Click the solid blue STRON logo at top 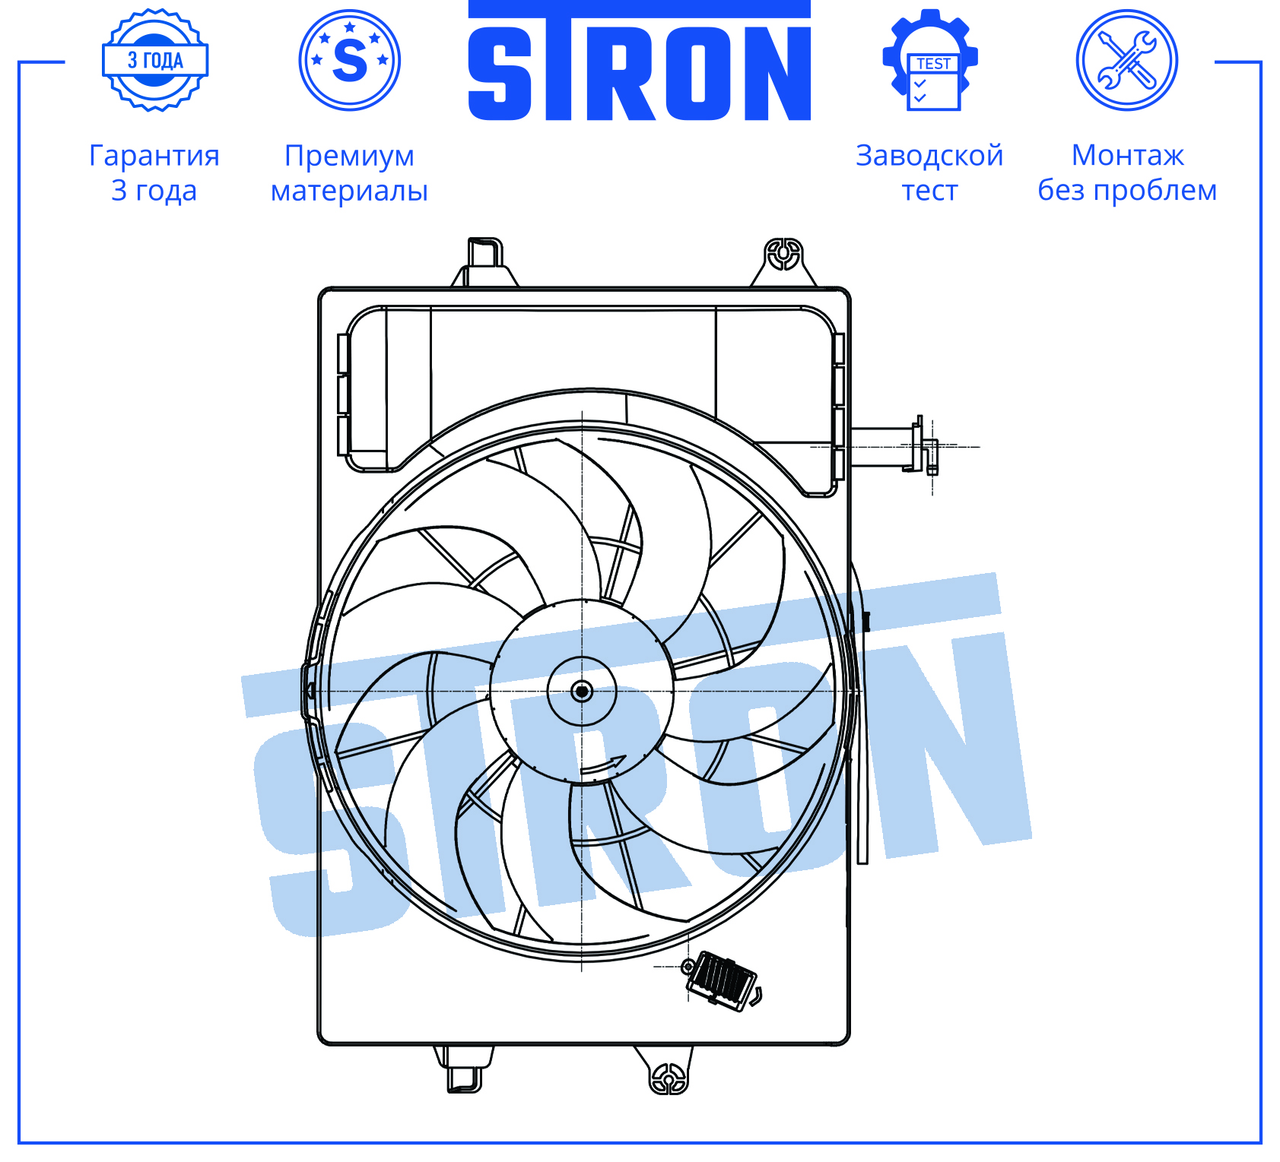[639, 61]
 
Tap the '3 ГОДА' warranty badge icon [155, 60]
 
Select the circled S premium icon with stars [350, 60]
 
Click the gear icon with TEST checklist [930, 60]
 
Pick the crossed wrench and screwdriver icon [1127, 60]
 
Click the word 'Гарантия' [154, 156]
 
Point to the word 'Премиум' [350, 156]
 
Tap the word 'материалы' [350, 191]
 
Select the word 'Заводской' [929, 156]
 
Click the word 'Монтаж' [1128, 156]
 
